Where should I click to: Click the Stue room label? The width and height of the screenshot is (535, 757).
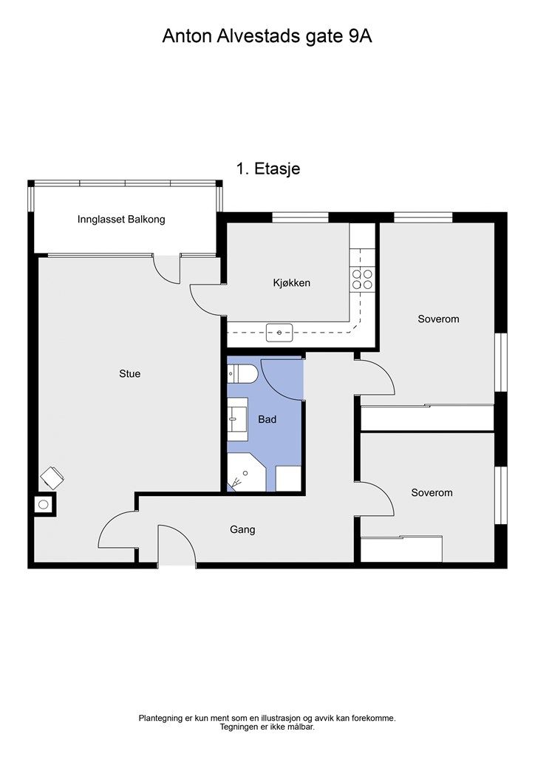(x=130, y=373)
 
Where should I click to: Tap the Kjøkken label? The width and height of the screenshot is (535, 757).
(x=291, y=283)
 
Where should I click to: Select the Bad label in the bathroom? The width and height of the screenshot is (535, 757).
(x=267, y=420)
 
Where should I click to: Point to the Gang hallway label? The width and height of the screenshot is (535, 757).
(x=242, y=529)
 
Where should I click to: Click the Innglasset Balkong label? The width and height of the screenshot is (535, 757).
(x=121, y=219)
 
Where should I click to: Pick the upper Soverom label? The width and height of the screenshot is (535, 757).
(x=438, y=319)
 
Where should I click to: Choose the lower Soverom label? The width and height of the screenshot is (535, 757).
(x=432, y=493)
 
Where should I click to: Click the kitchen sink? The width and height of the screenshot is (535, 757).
(x=279, y=332)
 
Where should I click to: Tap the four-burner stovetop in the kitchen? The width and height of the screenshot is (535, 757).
(x=362, y=279)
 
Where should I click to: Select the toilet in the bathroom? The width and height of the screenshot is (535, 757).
(x=244, y=373)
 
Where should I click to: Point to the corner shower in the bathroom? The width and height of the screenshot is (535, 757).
(x=246, y=472)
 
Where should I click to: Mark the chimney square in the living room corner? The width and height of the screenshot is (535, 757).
(x=44, y=504)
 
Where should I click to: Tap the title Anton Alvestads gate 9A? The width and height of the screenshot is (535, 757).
(x=267, y=37)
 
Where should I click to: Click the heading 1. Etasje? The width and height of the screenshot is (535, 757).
(x=268, y=169)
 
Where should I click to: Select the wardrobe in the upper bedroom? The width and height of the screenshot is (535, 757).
(x=427, y=418)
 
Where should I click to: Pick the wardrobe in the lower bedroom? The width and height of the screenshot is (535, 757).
(x=401, y=549)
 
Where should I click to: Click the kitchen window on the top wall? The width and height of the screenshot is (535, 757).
(x=300, y=218)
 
